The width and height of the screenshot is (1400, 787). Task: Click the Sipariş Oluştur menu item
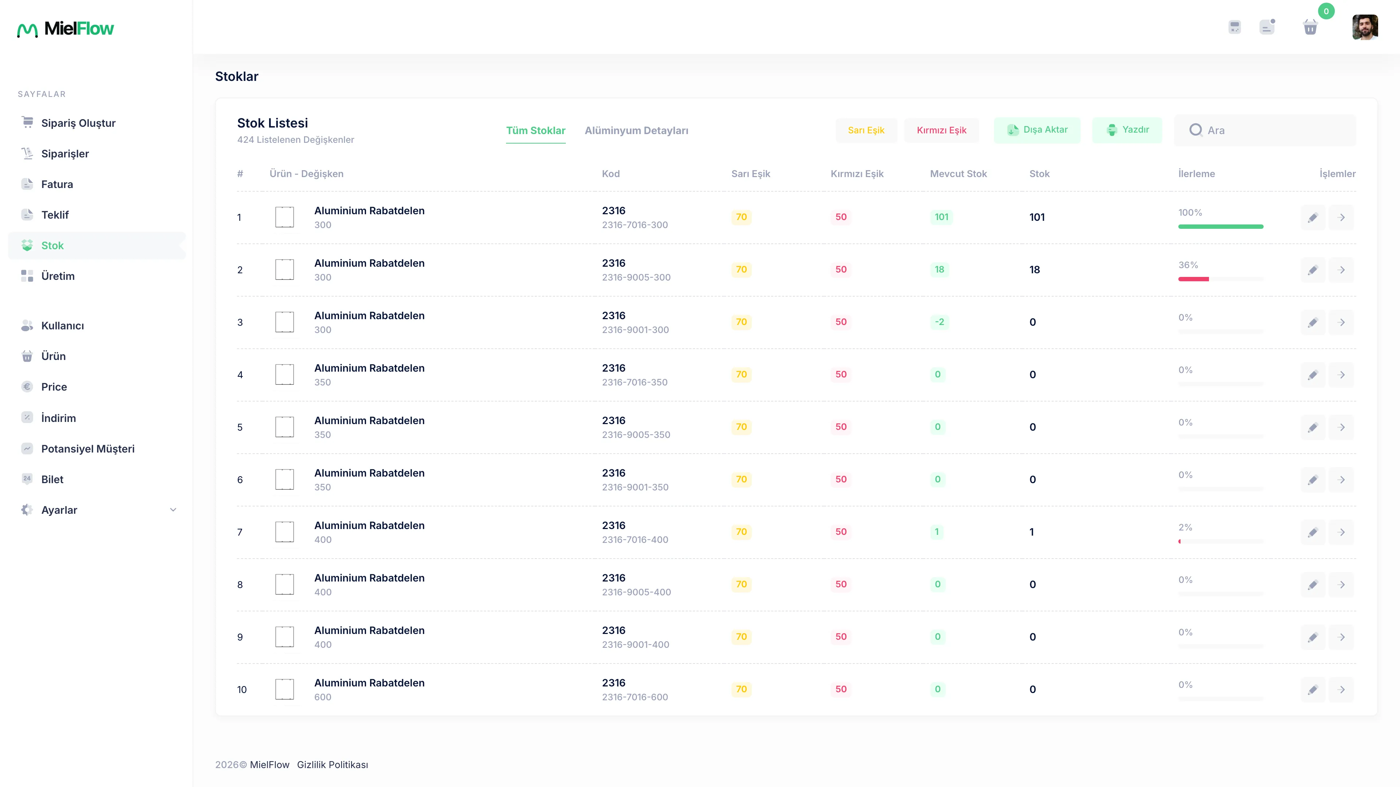click(78, 123)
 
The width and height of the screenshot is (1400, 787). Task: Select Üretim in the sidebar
click(58, 276)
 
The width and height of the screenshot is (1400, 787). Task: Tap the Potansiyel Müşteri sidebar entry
click(87, 449)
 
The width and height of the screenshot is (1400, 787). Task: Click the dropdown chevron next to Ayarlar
click(173, 509)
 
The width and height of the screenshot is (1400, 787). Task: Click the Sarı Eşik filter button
click(866, 130)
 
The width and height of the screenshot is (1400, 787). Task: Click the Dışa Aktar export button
click(1037, 130)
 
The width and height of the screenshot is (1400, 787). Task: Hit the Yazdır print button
click(1127, 130)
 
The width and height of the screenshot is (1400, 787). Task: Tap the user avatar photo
click(1365, 27)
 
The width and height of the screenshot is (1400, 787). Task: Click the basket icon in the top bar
click(1310, 27)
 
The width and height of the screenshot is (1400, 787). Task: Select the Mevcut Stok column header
click(958, 174)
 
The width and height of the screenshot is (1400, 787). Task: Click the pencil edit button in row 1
click(1313, 217)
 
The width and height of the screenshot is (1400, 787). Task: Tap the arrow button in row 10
click(1341, 689)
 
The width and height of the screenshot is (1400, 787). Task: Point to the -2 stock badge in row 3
click(939, 322)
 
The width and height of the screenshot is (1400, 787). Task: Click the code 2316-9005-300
click(636, 278)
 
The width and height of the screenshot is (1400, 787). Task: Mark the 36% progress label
click(1188, 265)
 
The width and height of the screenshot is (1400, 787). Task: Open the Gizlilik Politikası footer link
click(332, 765)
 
